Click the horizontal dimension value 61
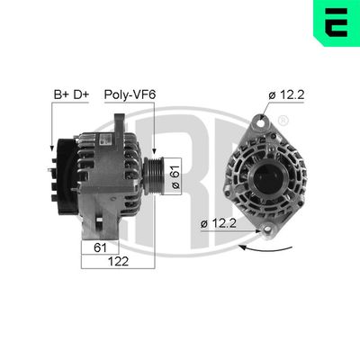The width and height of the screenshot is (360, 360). (101, 246)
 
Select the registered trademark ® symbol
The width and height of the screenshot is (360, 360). (283, 121)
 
